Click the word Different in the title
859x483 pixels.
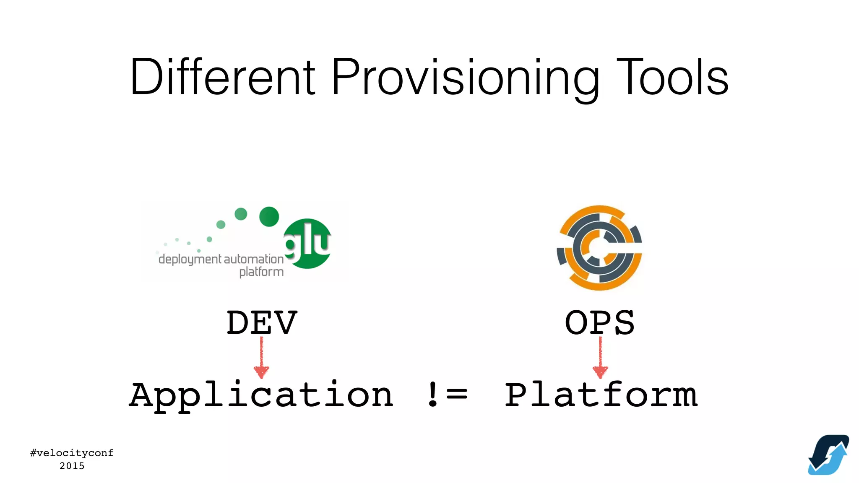(x=222, y=78)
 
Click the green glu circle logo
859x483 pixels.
(x=307, y=244)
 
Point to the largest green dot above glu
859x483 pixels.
(x=269, y=216)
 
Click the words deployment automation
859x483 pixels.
(x=221, y=259)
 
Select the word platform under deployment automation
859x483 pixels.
(x=261, y=272)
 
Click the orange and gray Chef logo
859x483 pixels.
(x=599, y=247)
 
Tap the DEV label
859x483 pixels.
(x=262, y=322)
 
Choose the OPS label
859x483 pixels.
(x=600, y=322)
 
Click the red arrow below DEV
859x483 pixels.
(x=261, y=358)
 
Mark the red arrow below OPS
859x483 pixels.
(x=600, y=358)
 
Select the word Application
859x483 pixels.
(x=261, y=395)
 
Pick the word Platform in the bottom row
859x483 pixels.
(x=601, y=395)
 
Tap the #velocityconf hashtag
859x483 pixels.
(x=72, y=453)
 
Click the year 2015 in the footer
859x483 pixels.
(x=72, y=466)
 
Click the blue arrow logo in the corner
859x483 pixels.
(x=828, y=454)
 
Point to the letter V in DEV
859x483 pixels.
(x=285, y=322)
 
